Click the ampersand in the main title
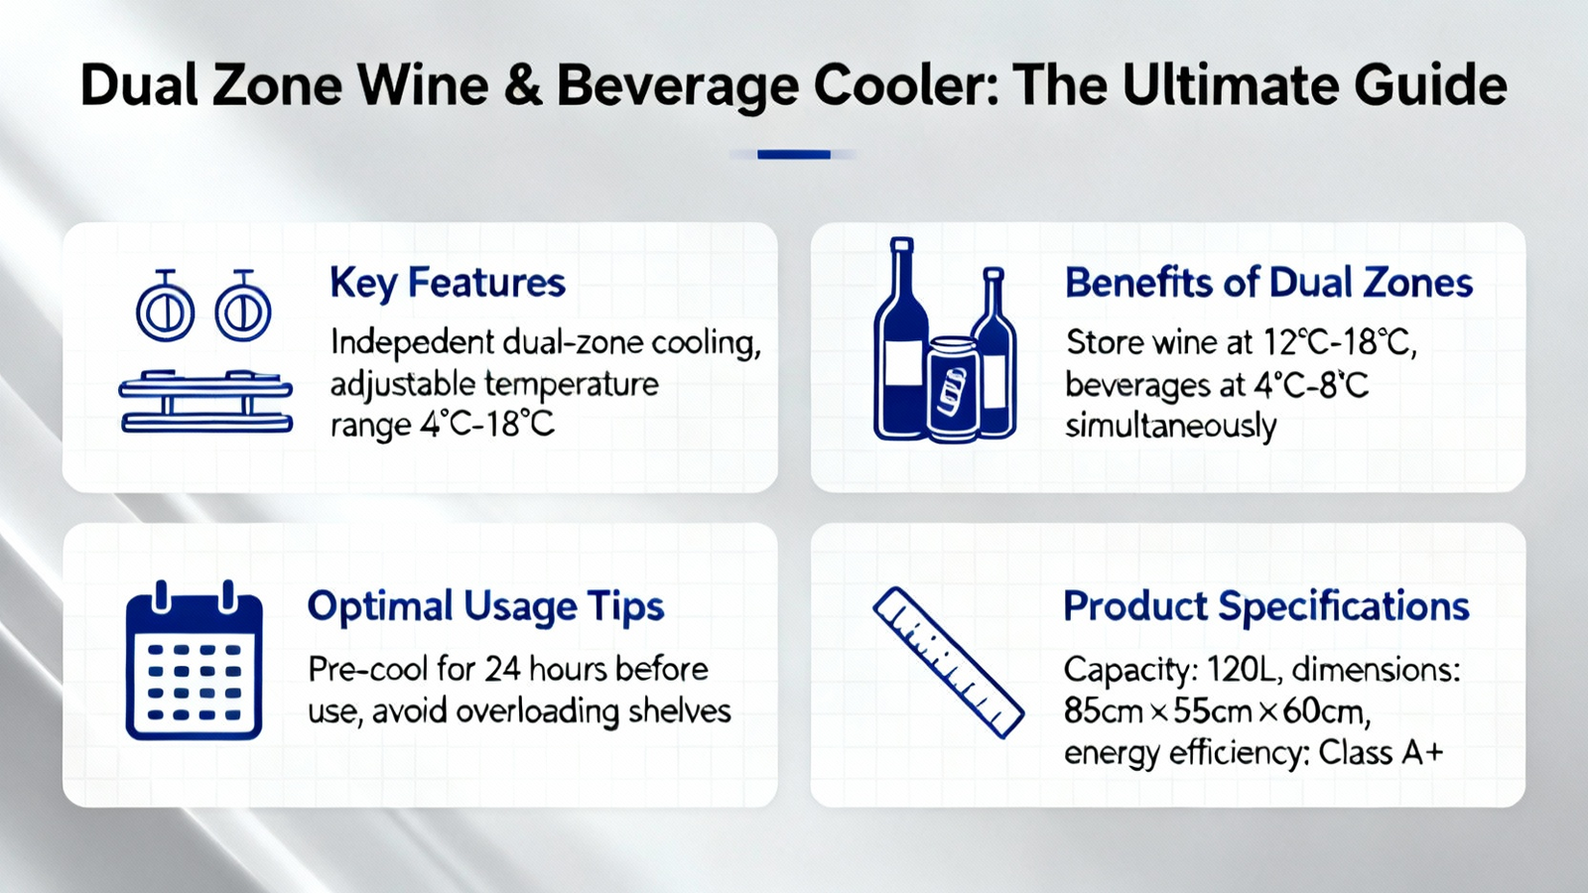pos(522,85)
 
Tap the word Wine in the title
pos(422,85)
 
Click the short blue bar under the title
pos(793,155)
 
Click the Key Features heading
pos(448,284)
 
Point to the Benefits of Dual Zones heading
pos(1268,283)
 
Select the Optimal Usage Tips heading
pos(485,608)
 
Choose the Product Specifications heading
pos(1266,607)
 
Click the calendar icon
pos(195,661)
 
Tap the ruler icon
pos(949,663)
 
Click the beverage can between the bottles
pos(952,389)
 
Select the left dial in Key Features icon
pos(165,306)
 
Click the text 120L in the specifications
pos(1242,670)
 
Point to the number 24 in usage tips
pos(502,670)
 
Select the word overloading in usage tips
pos(537,711)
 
